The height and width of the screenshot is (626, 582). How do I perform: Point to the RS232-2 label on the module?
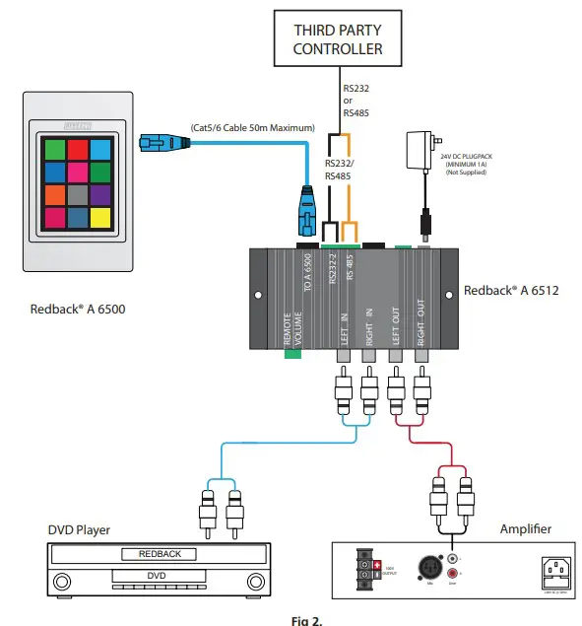click(x=334, y=267)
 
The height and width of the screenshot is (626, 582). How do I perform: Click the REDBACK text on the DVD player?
click(x=160, y=554)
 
